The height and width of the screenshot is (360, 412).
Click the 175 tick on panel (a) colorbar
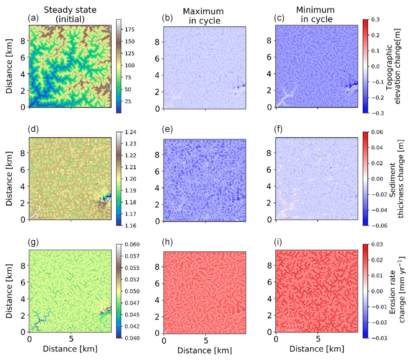(130, 30)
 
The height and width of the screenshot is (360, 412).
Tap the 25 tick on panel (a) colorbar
(128, 101)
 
